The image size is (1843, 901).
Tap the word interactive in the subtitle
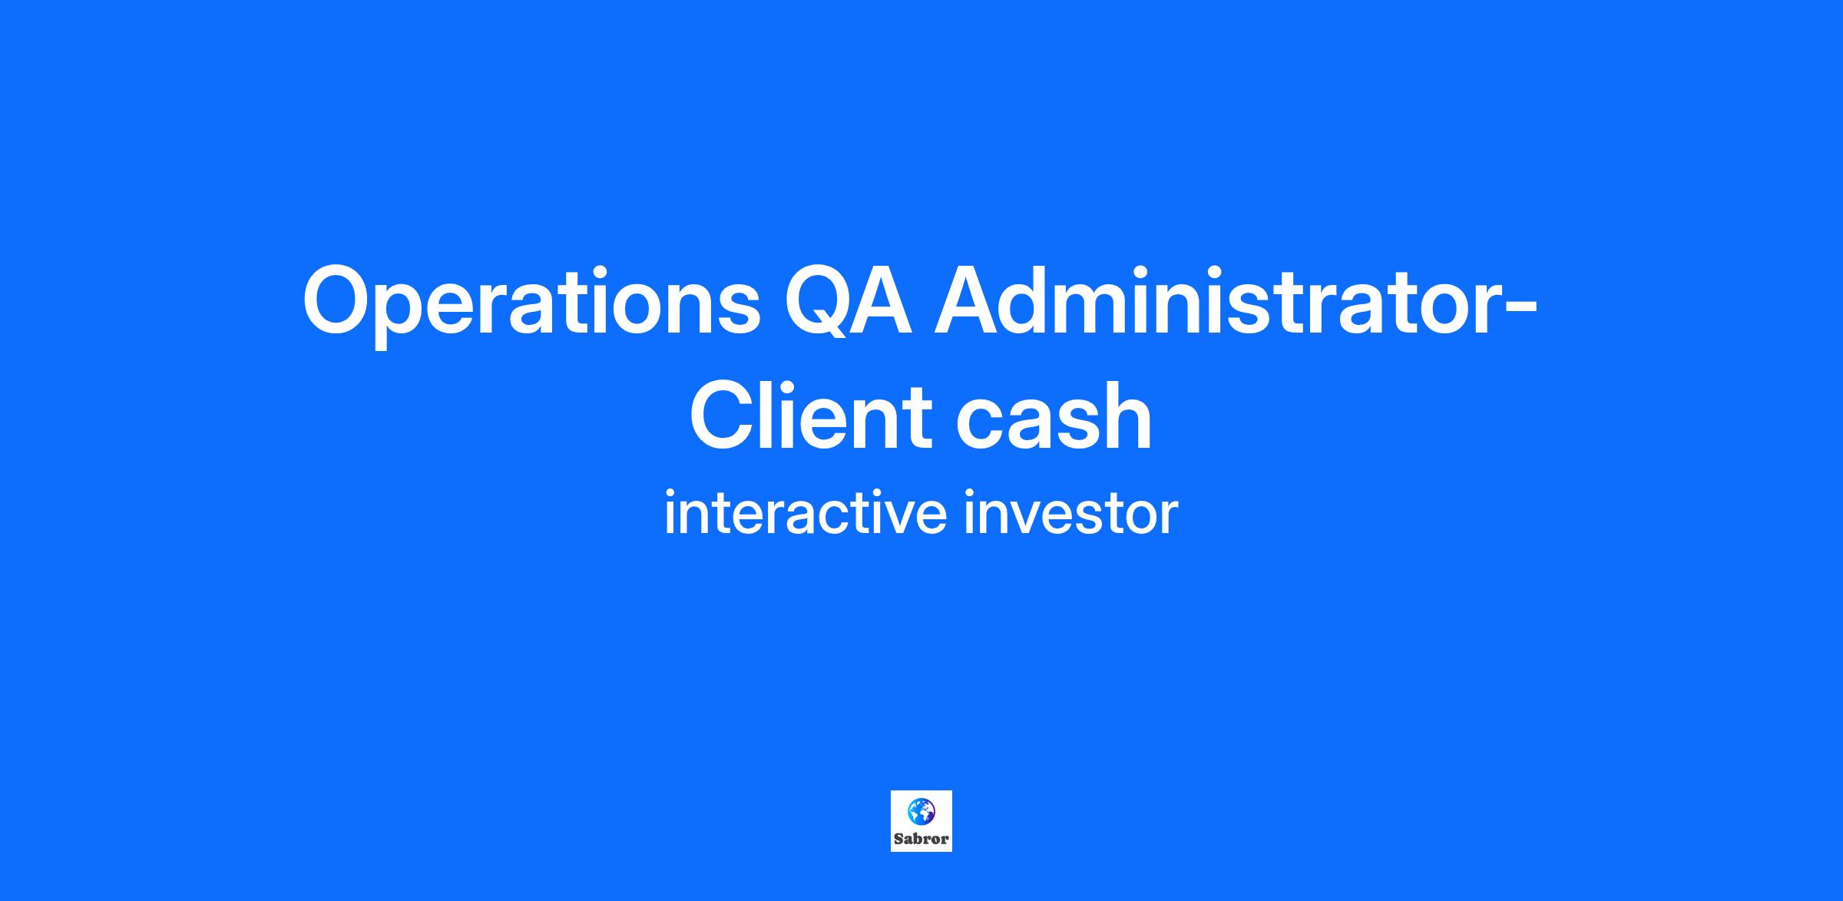coord(805,513)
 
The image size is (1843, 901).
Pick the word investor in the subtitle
coord(1070,513)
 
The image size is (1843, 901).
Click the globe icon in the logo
coord(921,811)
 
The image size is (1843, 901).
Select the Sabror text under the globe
coord(921,839)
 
